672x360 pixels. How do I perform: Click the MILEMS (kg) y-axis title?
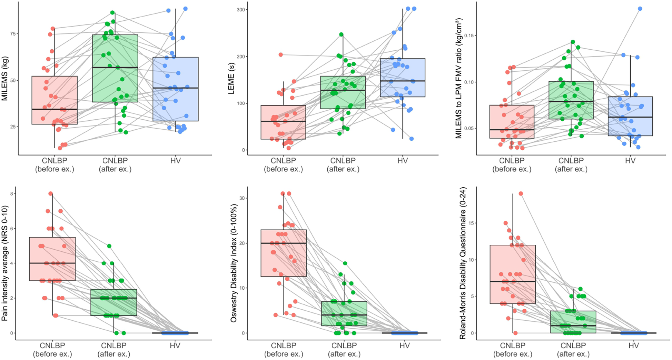4,79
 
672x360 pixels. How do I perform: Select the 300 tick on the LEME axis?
240,10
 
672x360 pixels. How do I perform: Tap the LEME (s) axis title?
231,79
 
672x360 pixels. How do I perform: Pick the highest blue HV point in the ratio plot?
640,9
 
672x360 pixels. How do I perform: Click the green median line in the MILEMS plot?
115,67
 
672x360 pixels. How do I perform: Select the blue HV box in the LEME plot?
403,78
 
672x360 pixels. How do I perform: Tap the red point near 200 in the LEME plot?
281,55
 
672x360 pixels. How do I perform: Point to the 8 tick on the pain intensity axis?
12,194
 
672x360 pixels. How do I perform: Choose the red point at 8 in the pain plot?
50,194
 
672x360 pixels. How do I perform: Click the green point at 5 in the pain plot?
109,246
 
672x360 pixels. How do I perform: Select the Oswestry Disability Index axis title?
234,263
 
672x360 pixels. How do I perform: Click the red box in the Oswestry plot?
284,253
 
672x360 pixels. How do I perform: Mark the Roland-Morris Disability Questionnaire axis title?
463,263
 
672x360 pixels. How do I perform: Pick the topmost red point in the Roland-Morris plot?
521,194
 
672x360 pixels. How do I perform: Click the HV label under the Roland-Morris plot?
633,346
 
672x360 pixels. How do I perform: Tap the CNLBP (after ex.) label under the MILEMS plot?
115,165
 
